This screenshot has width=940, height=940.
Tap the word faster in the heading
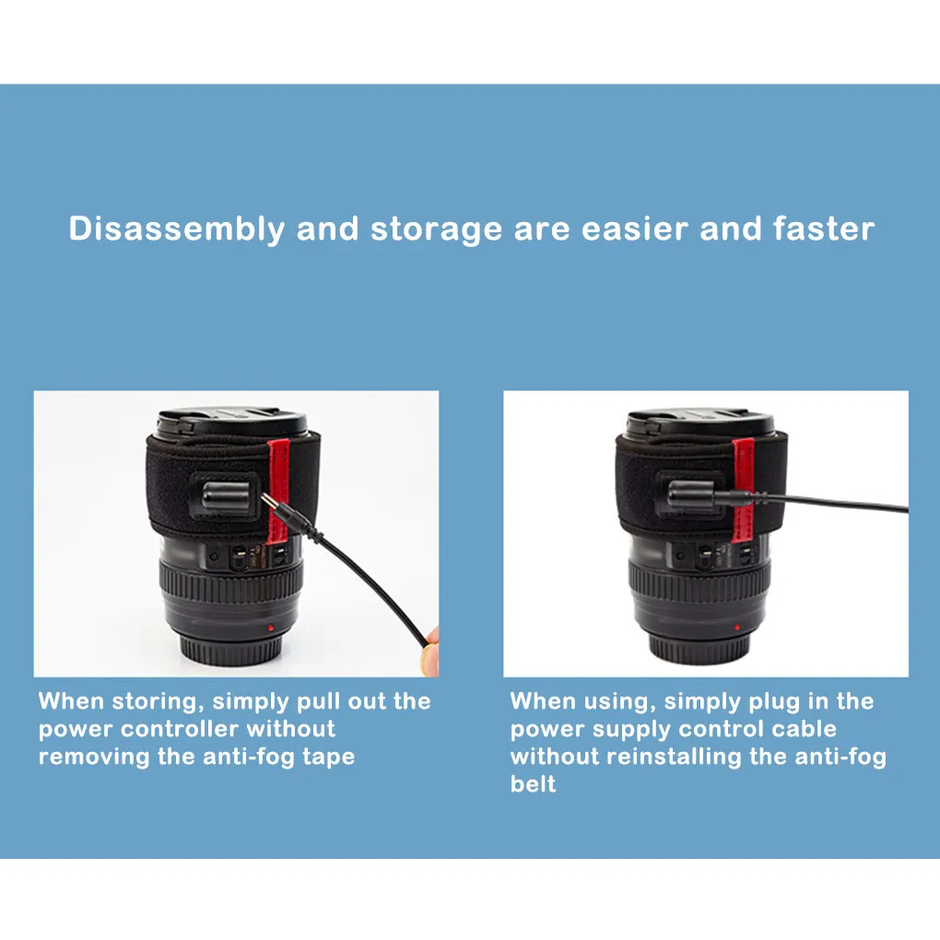824,229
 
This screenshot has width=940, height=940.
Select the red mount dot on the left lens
268,629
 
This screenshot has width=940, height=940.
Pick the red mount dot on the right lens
739,629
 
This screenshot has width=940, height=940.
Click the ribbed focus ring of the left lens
230,582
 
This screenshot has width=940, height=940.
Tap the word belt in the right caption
533,784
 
